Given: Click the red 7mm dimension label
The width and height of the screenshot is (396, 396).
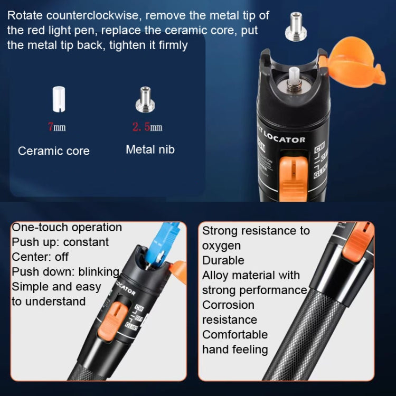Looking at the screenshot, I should [x=56, y=127].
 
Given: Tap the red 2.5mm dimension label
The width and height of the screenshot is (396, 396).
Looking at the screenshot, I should [x=147, y=127].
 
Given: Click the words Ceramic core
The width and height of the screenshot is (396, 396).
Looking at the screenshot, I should [x=54, y=151].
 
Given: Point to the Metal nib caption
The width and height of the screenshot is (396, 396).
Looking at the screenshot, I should [x=150, y=150].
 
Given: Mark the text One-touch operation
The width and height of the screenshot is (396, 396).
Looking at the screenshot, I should [x=67, y=228].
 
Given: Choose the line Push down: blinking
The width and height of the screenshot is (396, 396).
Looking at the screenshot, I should [x=65, y=272].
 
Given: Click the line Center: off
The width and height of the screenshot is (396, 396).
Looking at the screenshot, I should [x=40, y=257].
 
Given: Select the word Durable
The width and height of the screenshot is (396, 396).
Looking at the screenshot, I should [x=223, y=260].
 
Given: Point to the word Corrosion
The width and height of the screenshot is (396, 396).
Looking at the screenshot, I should [x=228, y=305].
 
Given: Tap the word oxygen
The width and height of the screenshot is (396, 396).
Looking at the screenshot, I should [x=221, y=246].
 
